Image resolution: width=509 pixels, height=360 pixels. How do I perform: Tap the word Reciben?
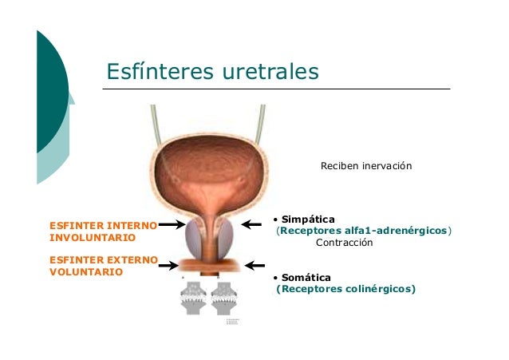tap(339, 166)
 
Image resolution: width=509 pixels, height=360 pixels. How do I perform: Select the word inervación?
tap(387, 166)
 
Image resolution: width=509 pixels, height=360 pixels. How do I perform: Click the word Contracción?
tap(345, 242)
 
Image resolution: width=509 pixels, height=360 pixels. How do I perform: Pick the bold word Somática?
tap(306, 277)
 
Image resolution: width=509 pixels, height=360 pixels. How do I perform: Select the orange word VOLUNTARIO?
tap(86, 271)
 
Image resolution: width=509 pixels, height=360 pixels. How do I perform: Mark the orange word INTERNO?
tap(132, 226)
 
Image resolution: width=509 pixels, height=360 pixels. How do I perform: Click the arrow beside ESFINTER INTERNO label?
tap(173, 226)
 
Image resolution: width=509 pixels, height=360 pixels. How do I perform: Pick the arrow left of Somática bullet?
tap(254, 265)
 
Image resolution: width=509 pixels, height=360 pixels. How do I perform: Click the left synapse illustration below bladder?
tap(194, 299)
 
